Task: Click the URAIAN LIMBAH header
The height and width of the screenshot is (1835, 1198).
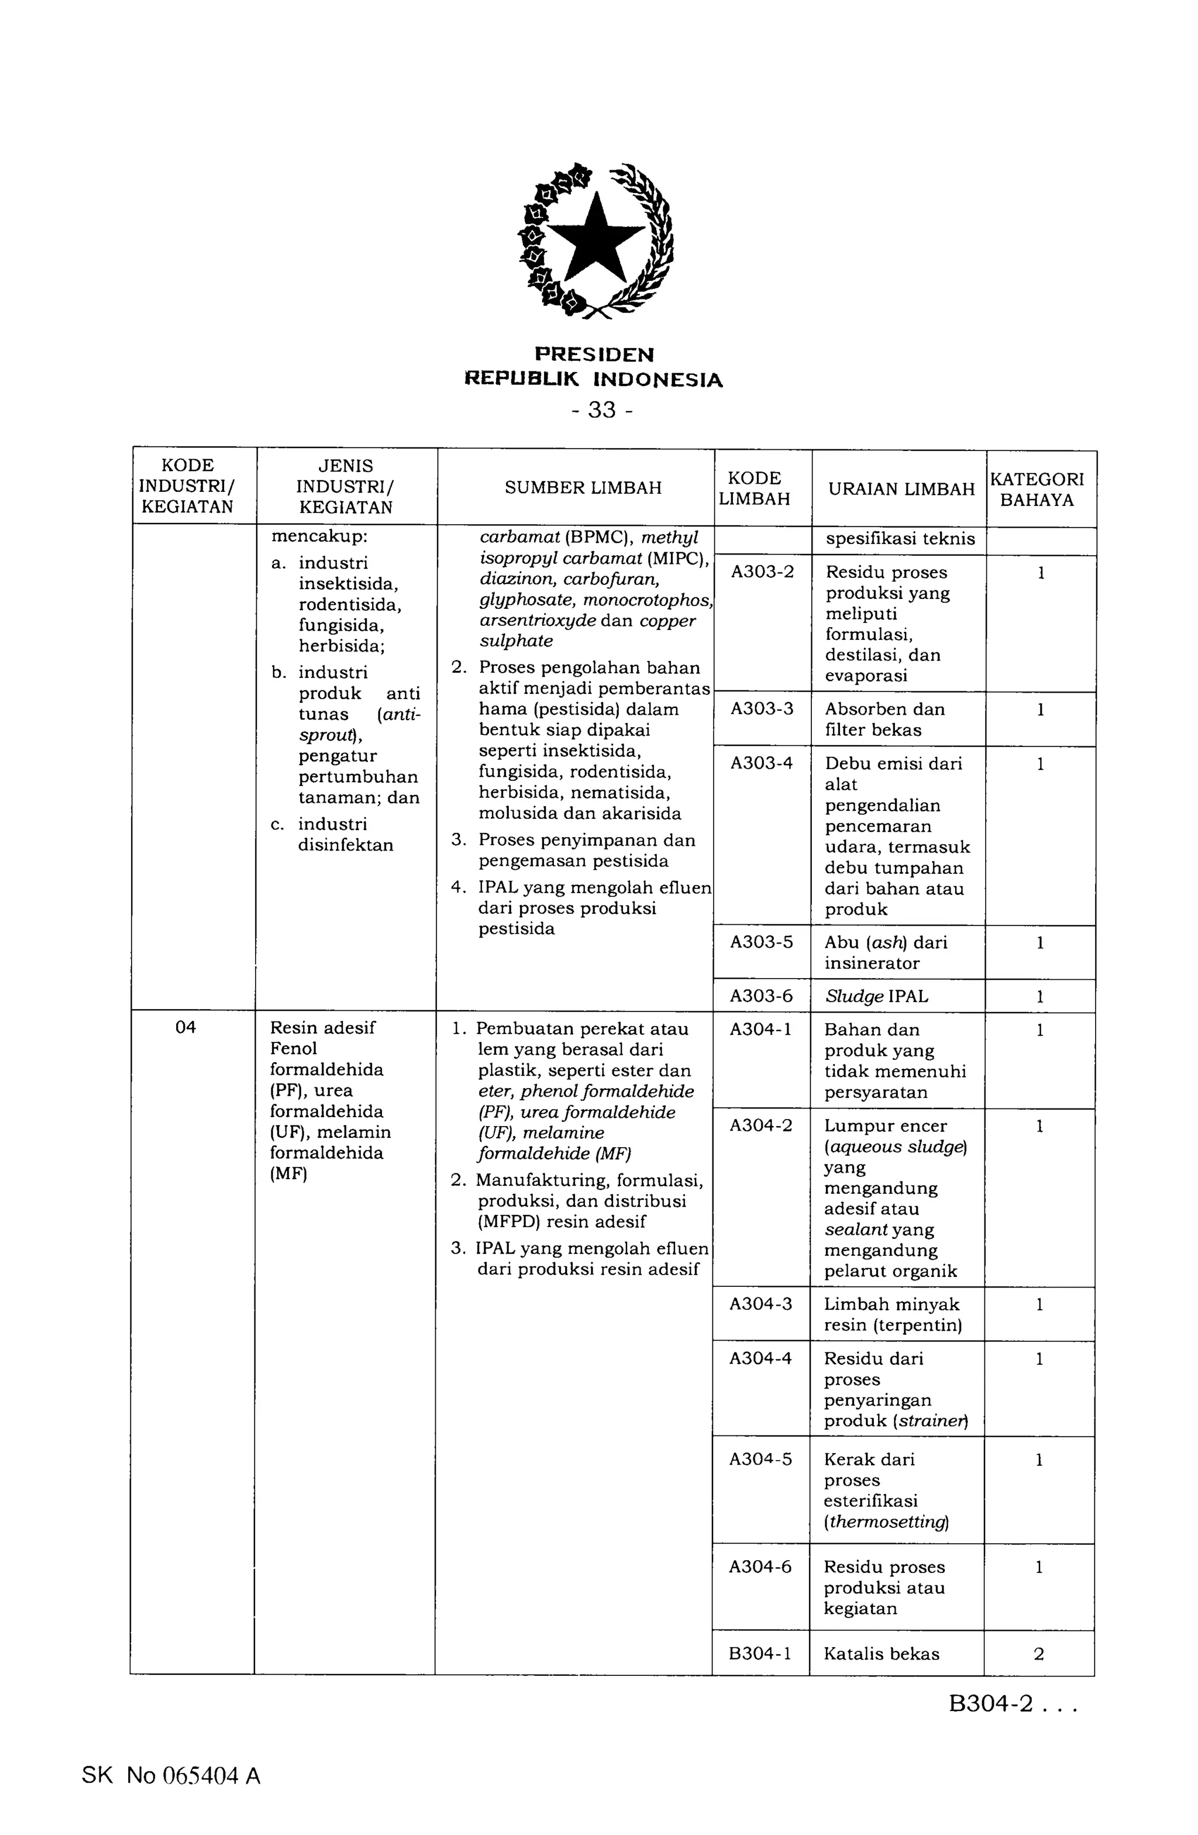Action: [900, 490]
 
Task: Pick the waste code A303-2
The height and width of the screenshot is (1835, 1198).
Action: [762, 572]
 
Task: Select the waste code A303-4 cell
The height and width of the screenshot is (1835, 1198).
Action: [762, 763]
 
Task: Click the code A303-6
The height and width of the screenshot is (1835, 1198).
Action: [761, 996]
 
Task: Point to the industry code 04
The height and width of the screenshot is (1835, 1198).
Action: [186, 1027]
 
